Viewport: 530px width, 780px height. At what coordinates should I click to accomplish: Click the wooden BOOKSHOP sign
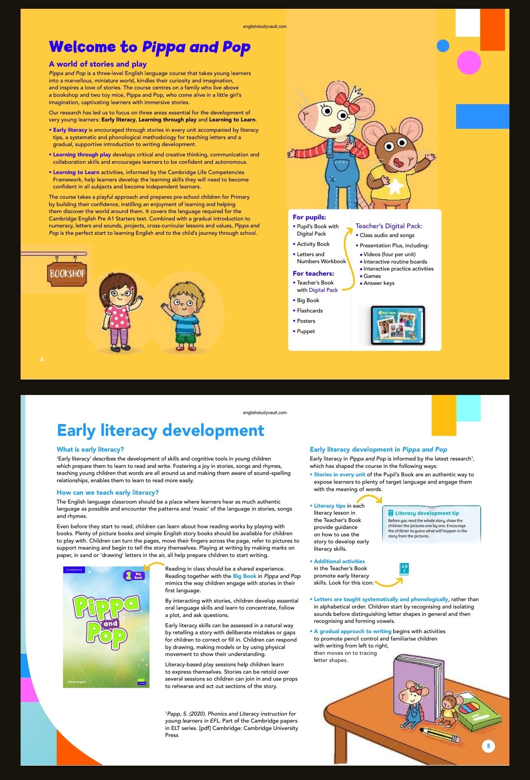67,273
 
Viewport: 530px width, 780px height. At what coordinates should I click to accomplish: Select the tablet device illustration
397,325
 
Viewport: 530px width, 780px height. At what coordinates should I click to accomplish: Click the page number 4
42,360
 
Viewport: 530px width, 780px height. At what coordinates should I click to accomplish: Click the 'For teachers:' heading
314,273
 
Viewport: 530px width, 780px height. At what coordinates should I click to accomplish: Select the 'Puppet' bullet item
306,331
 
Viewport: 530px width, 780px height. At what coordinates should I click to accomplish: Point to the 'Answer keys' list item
379,283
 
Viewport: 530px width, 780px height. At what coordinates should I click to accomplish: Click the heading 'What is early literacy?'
90,449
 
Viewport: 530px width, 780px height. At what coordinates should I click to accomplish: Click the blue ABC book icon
404,569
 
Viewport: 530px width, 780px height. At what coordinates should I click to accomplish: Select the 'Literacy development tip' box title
427,513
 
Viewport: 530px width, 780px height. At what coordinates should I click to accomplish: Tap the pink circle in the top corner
469,63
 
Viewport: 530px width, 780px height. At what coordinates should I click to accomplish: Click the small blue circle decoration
443,46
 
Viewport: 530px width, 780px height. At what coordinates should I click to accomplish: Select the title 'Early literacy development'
160,430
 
